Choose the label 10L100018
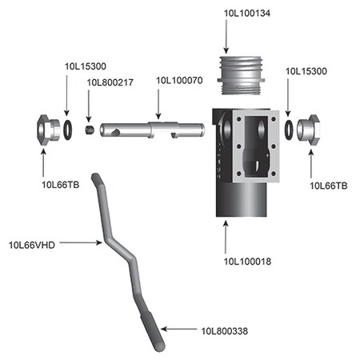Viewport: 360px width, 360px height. tap(247, 260)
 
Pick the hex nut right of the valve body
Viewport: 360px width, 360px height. tap(309, 128)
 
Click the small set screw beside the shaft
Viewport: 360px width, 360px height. tap(92, 128)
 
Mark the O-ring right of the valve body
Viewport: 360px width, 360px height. tap(288, 128)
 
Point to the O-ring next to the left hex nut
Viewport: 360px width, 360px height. tap(70, 128)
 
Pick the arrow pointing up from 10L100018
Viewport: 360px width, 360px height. tap(226, 236)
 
